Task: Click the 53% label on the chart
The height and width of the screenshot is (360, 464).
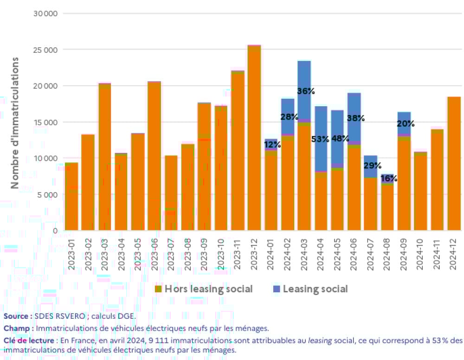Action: tap(320, 139)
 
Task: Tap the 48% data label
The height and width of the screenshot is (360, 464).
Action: tap(340, 139)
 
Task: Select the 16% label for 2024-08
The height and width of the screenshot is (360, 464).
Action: tap(389, 179)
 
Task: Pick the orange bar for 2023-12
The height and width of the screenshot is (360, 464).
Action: tap(254, 139)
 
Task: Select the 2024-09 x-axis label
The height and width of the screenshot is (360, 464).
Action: tap(405, 251)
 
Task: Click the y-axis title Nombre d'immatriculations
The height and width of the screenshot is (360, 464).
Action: tap(15, 122)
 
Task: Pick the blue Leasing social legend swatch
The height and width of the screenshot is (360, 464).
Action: tap(277, 289)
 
